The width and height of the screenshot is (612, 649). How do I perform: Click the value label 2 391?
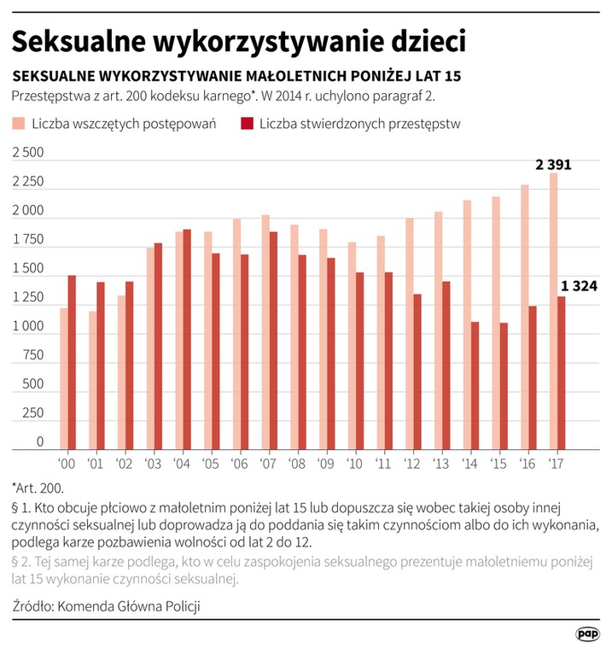[x=553, y=165]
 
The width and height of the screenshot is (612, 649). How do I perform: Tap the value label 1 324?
[x=579, y=286]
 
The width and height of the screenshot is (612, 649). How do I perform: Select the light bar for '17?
[x=553, y=311]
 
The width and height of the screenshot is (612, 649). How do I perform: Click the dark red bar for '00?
[x=72, y=363]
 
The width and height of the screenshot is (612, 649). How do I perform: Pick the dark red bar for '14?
[x=475, y=386]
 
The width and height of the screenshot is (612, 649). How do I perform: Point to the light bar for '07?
[x=265, y=332]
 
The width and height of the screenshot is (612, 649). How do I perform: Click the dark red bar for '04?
[x=187, y=339]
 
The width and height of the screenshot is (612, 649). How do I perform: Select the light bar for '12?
[x=409, y=334]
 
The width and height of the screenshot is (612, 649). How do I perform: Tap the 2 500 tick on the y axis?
[x=27, y=152]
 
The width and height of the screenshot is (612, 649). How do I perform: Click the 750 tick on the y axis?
[x=32, y=355]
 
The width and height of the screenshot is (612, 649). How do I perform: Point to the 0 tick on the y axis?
[x=40, y=441]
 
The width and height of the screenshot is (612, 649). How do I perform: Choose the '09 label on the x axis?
[x=326, y=464]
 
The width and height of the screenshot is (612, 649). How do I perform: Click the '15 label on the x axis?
[x=498, y=464]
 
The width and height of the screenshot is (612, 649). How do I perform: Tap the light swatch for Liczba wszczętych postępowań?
[x=19, y=123]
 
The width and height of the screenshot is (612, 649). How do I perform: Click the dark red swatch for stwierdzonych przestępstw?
[x=247, y=123]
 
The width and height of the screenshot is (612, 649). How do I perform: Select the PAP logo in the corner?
[x=587, y=634]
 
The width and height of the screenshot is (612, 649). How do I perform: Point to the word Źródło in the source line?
[x=32, y=606]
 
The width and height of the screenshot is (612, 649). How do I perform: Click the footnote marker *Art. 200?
[x=38, y=488]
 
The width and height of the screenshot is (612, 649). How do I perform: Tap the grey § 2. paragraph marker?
[x=21, y=562]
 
